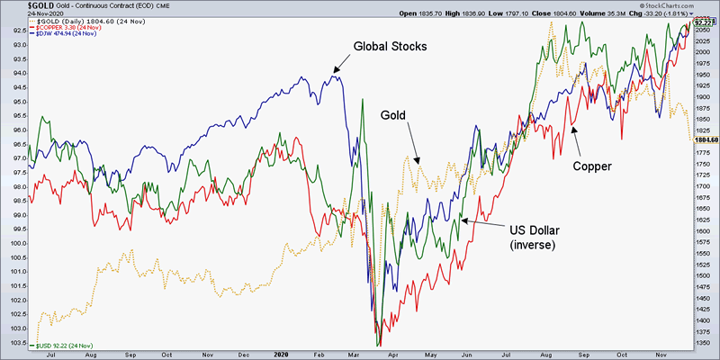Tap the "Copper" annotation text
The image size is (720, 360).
click(593, 166)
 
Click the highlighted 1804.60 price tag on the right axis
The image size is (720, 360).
click(704, 139)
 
